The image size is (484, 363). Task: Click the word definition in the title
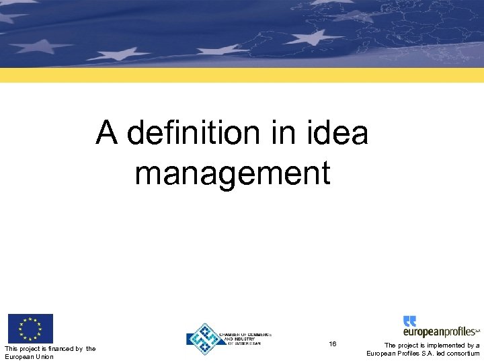[194, 132]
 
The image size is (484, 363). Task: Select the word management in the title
[232, 172]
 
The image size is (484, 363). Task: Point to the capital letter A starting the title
[106, 132]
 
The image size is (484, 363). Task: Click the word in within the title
[282, 132]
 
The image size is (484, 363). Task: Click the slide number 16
[333, 344]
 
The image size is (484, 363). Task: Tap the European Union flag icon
[30, 329]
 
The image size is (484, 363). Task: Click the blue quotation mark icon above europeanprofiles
[409, 321]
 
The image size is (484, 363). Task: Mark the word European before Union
[18, 356]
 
